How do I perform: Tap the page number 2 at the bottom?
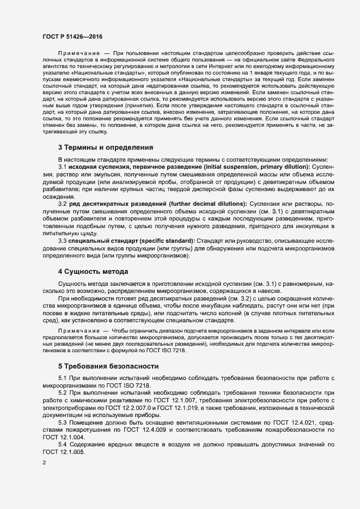tap(44, 463)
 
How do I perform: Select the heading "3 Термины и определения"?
tap(105, 147)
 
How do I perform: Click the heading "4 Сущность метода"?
tap(93, 271)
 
